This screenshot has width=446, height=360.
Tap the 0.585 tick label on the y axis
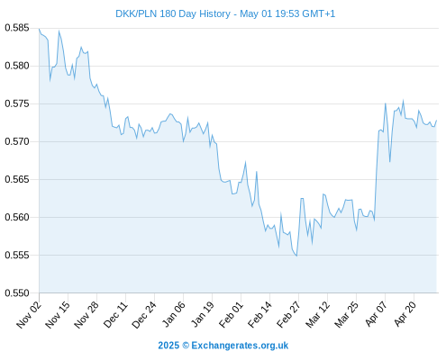[x=17, y=28]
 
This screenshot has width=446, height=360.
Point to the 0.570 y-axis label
[x=17, y=141]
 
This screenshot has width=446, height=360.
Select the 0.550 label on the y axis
[x=17, y=293]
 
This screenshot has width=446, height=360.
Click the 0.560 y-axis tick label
[x=17, y=217]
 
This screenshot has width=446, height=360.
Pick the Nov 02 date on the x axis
[x=29, y=314]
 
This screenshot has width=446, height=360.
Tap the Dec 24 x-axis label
[x=144, y=314]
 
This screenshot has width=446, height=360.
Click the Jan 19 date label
[x=203, y=314]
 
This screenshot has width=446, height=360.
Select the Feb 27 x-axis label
[x=288, y=314]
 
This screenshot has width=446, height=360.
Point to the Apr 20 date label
[x=405, y=313]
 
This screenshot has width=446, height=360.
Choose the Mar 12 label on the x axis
[x=317, y=314]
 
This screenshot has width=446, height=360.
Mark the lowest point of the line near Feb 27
[x=296, y=256]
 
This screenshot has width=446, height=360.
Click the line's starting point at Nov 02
[x=39, y=29]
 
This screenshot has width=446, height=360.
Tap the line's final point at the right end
[x=436, y=121]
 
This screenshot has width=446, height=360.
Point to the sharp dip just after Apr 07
[x=390, y=162]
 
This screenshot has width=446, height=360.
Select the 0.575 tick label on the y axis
[x=17, y=103]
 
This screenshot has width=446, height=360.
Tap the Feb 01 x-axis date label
[x=231, y=314]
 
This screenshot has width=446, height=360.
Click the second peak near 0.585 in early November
[x=59, y=31]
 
